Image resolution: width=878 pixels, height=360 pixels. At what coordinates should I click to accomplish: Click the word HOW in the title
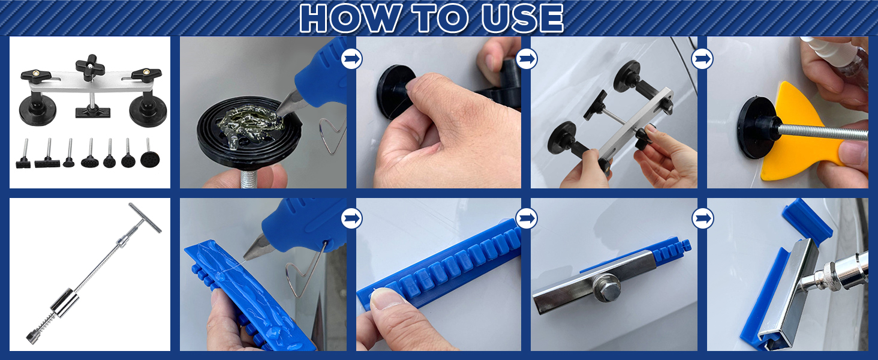(351, 19)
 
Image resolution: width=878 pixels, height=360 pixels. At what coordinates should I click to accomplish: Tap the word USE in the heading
(522, 19)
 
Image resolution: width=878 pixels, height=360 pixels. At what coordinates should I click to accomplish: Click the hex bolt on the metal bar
(606, 288)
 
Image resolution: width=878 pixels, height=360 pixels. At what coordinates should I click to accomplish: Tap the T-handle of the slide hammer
(145, 218)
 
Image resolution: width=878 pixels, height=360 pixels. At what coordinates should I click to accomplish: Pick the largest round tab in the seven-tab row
(150, 159)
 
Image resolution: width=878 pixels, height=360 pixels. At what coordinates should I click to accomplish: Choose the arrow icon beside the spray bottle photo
(703, 59)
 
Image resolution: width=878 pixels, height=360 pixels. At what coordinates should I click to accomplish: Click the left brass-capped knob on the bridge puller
(36, 74)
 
